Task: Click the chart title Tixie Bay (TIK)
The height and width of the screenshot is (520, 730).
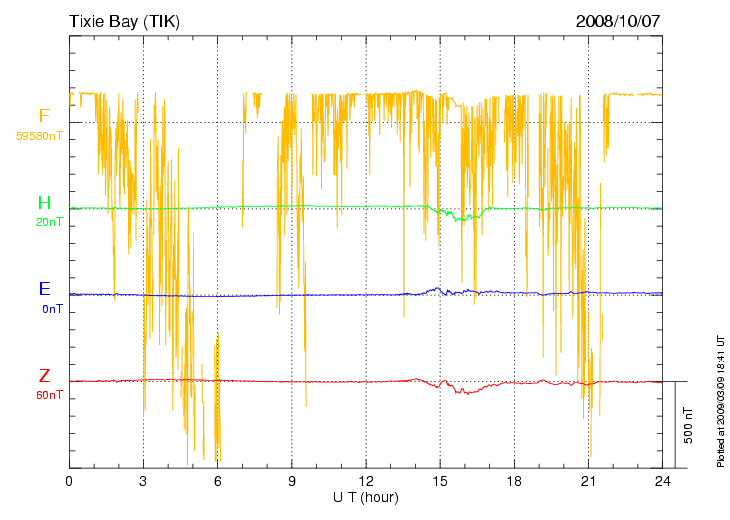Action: [x=126, y=20]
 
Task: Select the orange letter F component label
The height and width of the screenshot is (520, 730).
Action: [x=44, y=116]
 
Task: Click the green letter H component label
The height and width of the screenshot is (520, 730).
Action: [x=44, y=204]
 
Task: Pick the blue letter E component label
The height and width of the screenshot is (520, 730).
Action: [x=44, y=290]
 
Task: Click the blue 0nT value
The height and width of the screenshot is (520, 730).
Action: [x=52, y=309]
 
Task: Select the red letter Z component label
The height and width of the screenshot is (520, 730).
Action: [x=44, y=377]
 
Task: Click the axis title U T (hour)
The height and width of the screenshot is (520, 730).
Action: [x=366, y=497]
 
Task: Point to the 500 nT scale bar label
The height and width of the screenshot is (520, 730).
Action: [x=688, y=426]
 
